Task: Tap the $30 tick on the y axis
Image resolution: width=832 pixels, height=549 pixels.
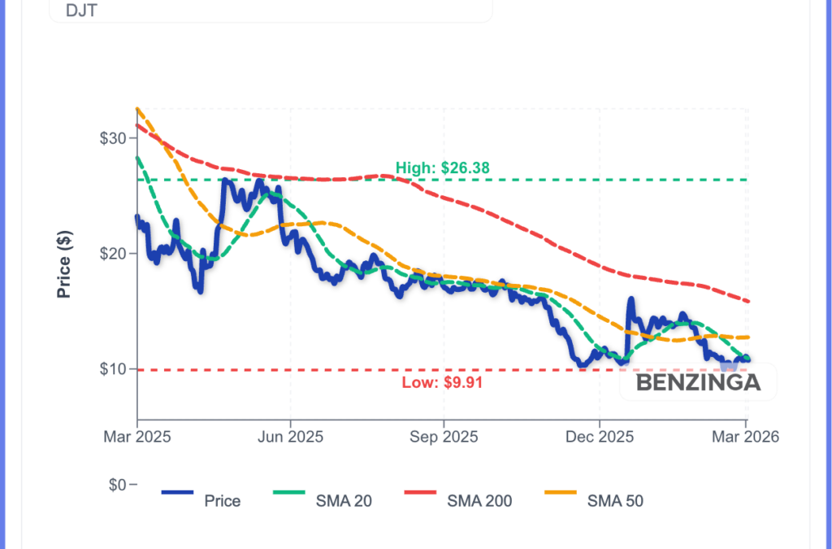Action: [113, 138]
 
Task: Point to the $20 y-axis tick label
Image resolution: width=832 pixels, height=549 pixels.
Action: [113, 254]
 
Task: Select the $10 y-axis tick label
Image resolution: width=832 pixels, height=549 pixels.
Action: [113, 369]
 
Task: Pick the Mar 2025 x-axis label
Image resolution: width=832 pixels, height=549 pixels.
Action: [137, 437]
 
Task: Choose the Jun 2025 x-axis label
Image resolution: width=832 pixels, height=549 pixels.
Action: [290, 437]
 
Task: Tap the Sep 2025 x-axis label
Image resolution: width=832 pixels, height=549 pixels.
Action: [444, 437]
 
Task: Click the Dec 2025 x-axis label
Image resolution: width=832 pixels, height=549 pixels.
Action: [599, 437]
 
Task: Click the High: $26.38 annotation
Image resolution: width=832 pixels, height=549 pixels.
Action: [443, 169]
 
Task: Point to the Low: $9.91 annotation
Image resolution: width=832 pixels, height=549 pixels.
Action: [443, 382]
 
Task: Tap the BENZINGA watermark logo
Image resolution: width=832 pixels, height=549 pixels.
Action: [698, 382]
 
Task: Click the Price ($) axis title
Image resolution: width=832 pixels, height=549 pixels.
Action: [65, 264]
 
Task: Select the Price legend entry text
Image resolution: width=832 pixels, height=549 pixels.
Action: [222, 501]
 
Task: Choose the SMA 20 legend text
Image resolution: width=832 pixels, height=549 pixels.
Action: [344, 501]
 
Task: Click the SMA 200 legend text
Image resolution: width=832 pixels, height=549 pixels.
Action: [479, 501]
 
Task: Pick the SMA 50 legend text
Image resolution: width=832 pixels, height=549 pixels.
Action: [615, 501]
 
